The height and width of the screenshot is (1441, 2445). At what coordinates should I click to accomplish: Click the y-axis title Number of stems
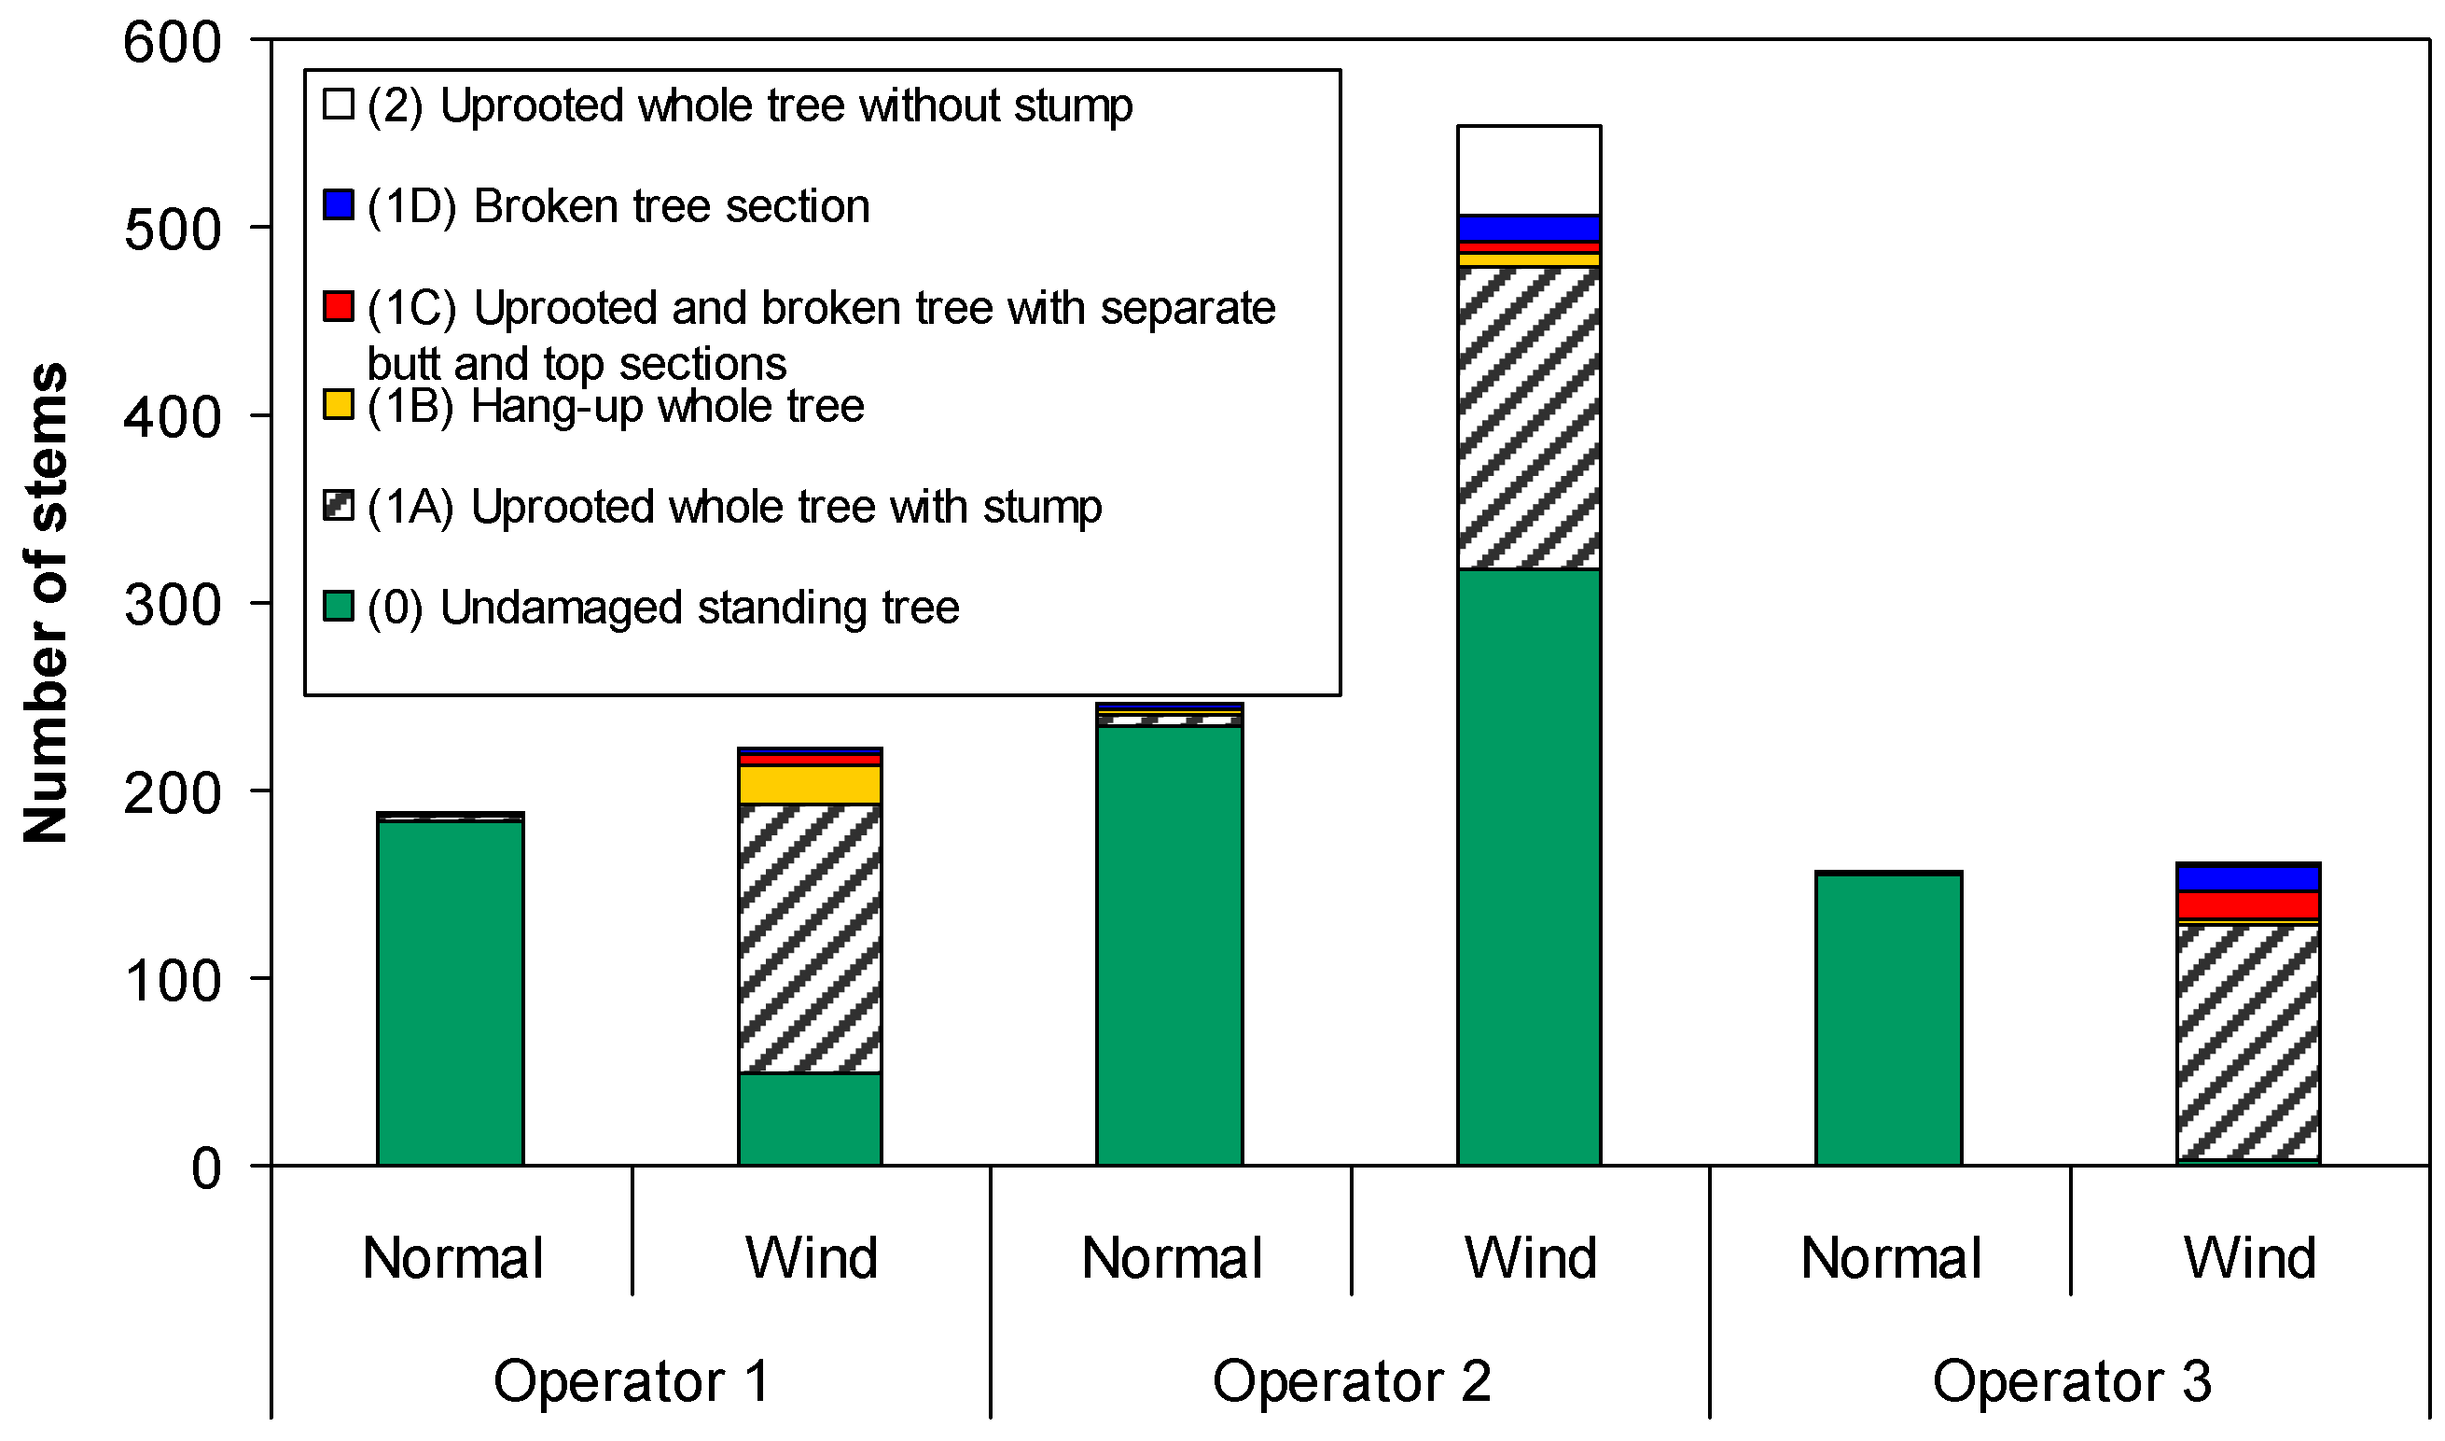(46, 603)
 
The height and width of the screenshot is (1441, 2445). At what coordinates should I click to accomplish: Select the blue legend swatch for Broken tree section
(338, 205)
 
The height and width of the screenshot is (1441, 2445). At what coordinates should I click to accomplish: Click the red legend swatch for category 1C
(338, 306)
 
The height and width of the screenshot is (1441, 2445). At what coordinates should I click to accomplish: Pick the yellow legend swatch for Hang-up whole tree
(338, 405)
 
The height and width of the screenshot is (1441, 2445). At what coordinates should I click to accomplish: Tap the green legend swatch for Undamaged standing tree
(338, 606)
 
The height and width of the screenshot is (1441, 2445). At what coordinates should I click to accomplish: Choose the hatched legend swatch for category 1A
(338, 506)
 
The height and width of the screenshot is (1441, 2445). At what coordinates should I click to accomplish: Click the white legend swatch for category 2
(338, 104)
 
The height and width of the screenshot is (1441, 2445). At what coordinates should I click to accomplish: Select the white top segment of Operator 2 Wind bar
(1529, 171)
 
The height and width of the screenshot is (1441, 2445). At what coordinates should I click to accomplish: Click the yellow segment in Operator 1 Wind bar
(810, 786)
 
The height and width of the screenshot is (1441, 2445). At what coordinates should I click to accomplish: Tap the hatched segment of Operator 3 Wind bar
(2248, 1042)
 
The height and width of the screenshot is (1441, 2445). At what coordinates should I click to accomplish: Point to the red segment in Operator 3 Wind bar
(2248, 906)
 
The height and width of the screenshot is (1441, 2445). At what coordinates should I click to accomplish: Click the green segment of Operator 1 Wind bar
(810, 1120)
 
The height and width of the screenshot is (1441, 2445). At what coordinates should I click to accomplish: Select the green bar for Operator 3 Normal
(1889, 1020)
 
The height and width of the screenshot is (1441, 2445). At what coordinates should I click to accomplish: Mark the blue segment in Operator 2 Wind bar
(1529, 230)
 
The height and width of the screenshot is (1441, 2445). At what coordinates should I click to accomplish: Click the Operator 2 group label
(1351, 1382)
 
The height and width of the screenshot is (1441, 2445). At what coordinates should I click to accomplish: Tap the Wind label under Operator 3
(2250, 1259)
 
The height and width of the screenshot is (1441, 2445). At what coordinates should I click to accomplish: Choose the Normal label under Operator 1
(453, 1259)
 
